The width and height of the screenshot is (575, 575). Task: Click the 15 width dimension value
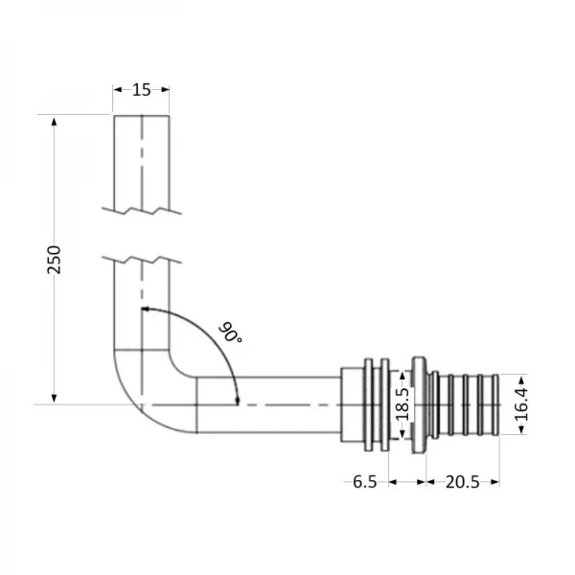tap(142, 90)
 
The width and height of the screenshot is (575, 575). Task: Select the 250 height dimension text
tap(55, 259)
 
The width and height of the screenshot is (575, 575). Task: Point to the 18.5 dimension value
tap(402, 402)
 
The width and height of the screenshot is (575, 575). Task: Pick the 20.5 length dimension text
tap(461, 481)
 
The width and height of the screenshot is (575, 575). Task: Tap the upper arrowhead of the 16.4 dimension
tap(520, 378)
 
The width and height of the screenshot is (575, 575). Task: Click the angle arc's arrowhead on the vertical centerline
tap(147, 310)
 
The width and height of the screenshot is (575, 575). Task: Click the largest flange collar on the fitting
tap(419, 403)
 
